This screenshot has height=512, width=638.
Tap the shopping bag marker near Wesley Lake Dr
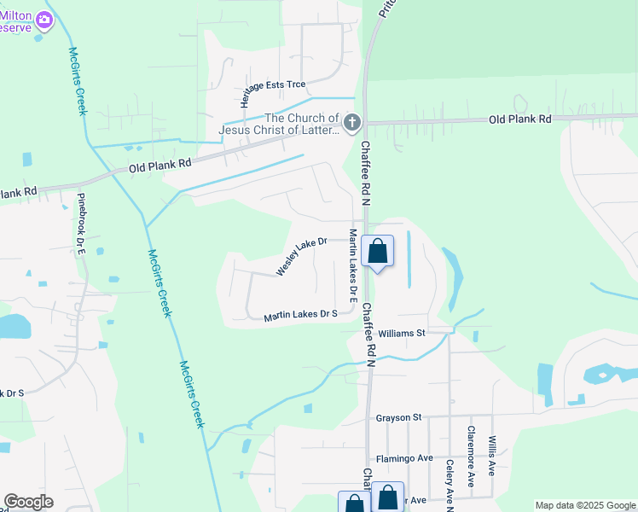click(x=377, y=252)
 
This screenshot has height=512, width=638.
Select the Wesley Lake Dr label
click(x=302, y=256)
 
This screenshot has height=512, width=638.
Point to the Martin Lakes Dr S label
click(x=301, y=315)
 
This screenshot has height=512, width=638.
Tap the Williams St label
click(x=403, y=333)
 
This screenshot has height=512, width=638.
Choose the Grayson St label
click(x=399, y=417)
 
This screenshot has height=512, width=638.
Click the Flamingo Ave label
click(x=405, y=458)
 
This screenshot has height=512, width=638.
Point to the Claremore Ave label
click(x=470, y=457)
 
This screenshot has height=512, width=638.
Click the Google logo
click(x=28, y=502)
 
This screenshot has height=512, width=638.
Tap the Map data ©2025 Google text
click(x=585, y=505)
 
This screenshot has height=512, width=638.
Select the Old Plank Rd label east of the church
click(x=519, y=119)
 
